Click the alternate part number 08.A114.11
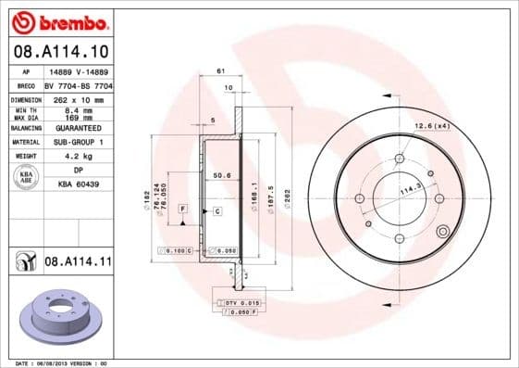click(78, 262)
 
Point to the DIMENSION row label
click(27, 99)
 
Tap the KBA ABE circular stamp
click(27, 178)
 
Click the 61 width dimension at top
click(220, 70)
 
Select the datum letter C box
click(216, 211)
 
